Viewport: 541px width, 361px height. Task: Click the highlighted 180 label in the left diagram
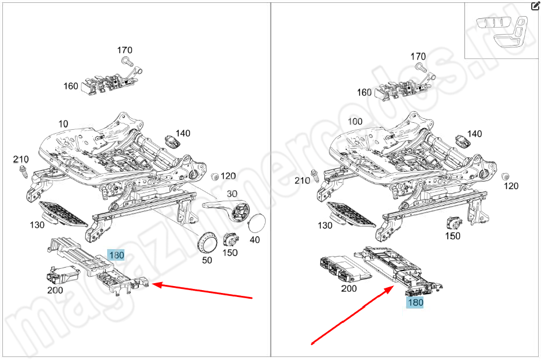tap(116, 255)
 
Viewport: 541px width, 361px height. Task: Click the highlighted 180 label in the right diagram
tap(414, 302)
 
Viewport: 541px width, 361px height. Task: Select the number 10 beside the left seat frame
tap(63, 123)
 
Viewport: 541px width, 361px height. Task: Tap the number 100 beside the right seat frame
tap(355, 122)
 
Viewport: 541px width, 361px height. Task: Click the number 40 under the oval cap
tap(254, 239)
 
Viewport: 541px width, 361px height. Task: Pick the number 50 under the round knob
tap(207, 260)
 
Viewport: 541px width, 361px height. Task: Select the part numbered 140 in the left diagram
tap(171, 141)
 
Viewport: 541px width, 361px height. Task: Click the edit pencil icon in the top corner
tap(535, 6)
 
